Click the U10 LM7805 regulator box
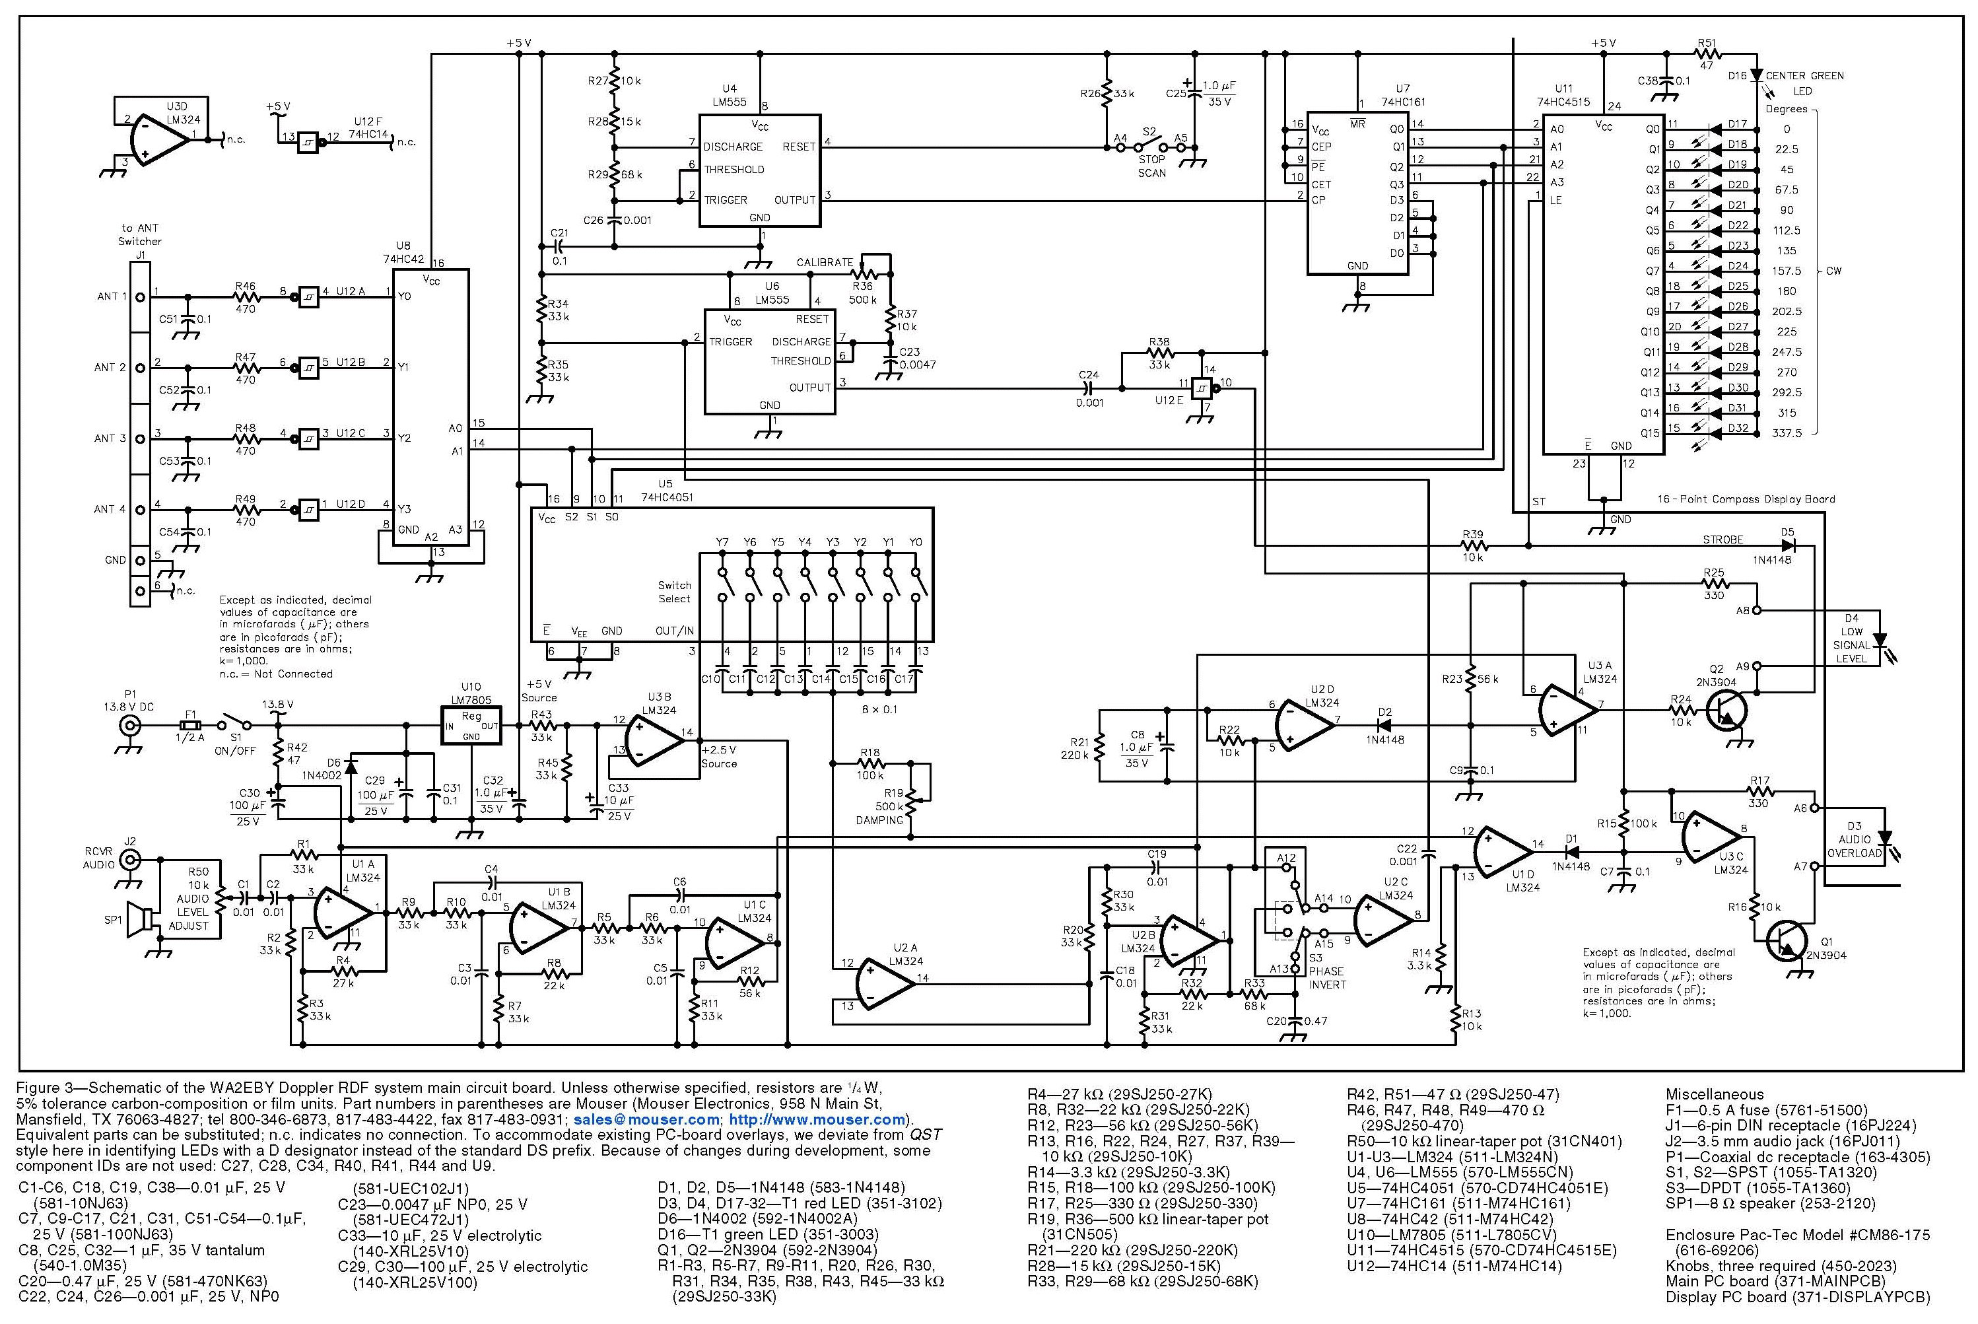pos(471,725)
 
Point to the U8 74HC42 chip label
pos(403,252)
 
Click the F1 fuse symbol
pos(191,725)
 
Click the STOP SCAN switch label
pos(1151,166)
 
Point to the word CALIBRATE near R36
pos(824,263)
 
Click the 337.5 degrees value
pos(1787,433)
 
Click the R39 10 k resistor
pos(1472,545)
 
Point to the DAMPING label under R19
pos(879,820)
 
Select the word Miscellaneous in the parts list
pos(1714,1094)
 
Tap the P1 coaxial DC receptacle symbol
pos(129,725)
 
